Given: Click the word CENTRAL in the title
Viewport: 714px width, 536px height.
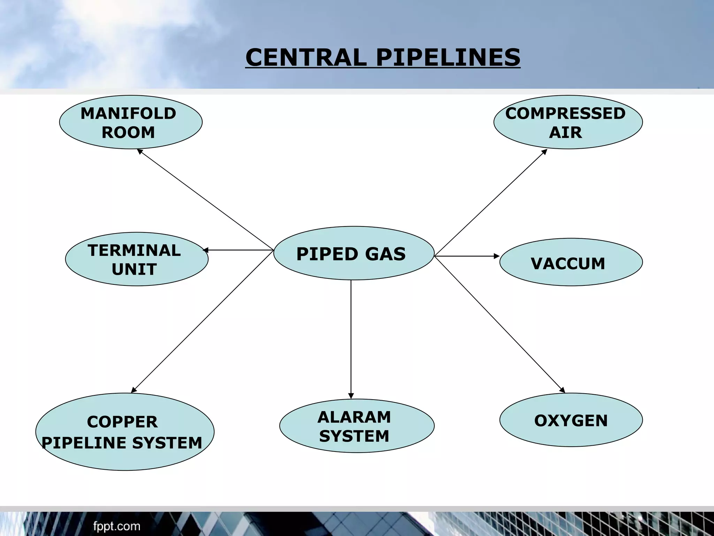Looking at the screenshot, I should (x=306, y=58).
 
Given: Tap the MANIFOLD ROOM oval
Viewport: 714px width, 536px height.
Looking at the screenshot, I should (x=130, y=122).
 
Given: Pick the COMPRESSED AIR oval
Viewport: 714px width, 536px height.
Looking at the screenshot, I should (x=568, y=122).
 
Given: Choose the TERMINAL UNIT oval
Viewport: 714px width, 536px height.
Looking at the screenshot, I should (x=137, y=259).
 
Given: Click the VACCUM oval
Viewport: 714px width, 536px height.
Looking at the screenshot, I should (x=571, y=262).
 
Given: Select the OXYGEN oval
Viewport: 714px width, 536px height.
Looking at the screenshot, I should (x=571, y=420).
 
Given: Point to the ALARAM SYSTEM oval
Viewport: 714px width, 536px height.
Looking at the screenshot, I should (x=357, y=426).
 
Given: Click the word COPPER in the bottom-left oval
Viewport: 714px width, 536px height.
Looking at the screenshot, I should (x=122, y=422).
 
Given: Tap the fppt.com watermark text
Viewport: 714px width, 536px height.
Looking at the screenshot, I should (x=117, y=526).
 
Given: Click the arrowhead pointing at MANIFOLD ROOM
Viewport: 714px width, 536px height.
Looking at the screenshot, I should (x=140, y=151).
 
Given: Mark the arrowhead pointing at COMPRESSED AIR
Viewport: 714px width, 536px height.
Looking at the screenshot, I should (x=544, y=152).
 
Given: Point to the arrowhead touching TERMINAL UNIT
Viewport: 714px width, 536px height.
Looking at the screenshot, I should (x=206, y=250).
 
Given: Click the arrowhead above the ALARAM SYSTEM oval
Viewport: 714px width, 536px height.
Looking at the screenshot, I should (x=351, y=396).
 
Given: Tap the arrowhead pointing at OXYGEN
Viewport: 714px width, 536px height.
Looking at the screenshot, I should (x=562, y=390).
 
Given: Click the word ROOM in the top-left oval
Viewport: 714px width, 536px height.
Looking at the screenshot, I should (x=128, y=133).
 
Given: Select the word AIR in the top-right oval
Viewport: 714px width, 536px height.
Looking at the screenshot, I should (x=565, y=133).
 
